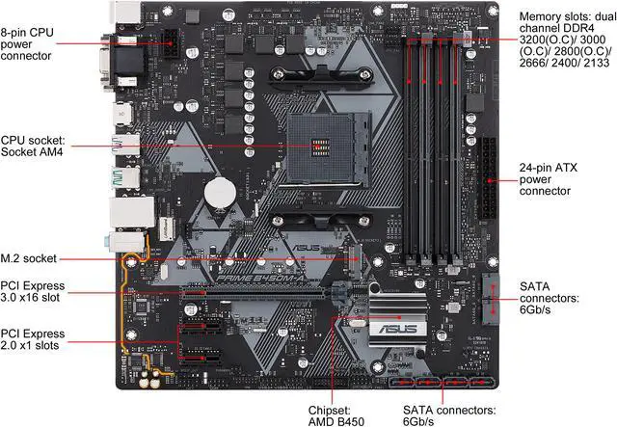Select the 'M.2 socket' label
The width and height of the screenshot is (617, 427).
click(29, 258)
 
